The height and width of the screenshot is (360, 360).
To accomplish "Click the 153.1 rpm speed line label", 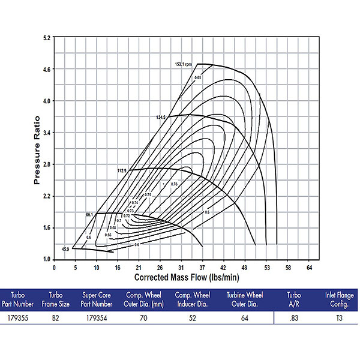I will [183, 63].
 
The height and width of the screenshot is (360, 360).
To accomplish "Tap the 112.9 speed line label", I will [122, 171].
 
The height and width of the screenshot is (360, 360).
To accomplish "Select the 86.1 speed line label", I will [90, 214].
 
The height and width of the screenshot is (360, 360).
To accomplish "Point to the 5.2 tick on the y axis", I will [46, 38].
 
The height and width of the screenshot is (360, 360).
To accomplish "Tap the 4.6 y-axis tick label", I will [46, 70].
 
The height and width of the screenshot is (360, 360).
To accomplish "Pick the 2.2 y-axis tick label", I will [46, 196].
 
